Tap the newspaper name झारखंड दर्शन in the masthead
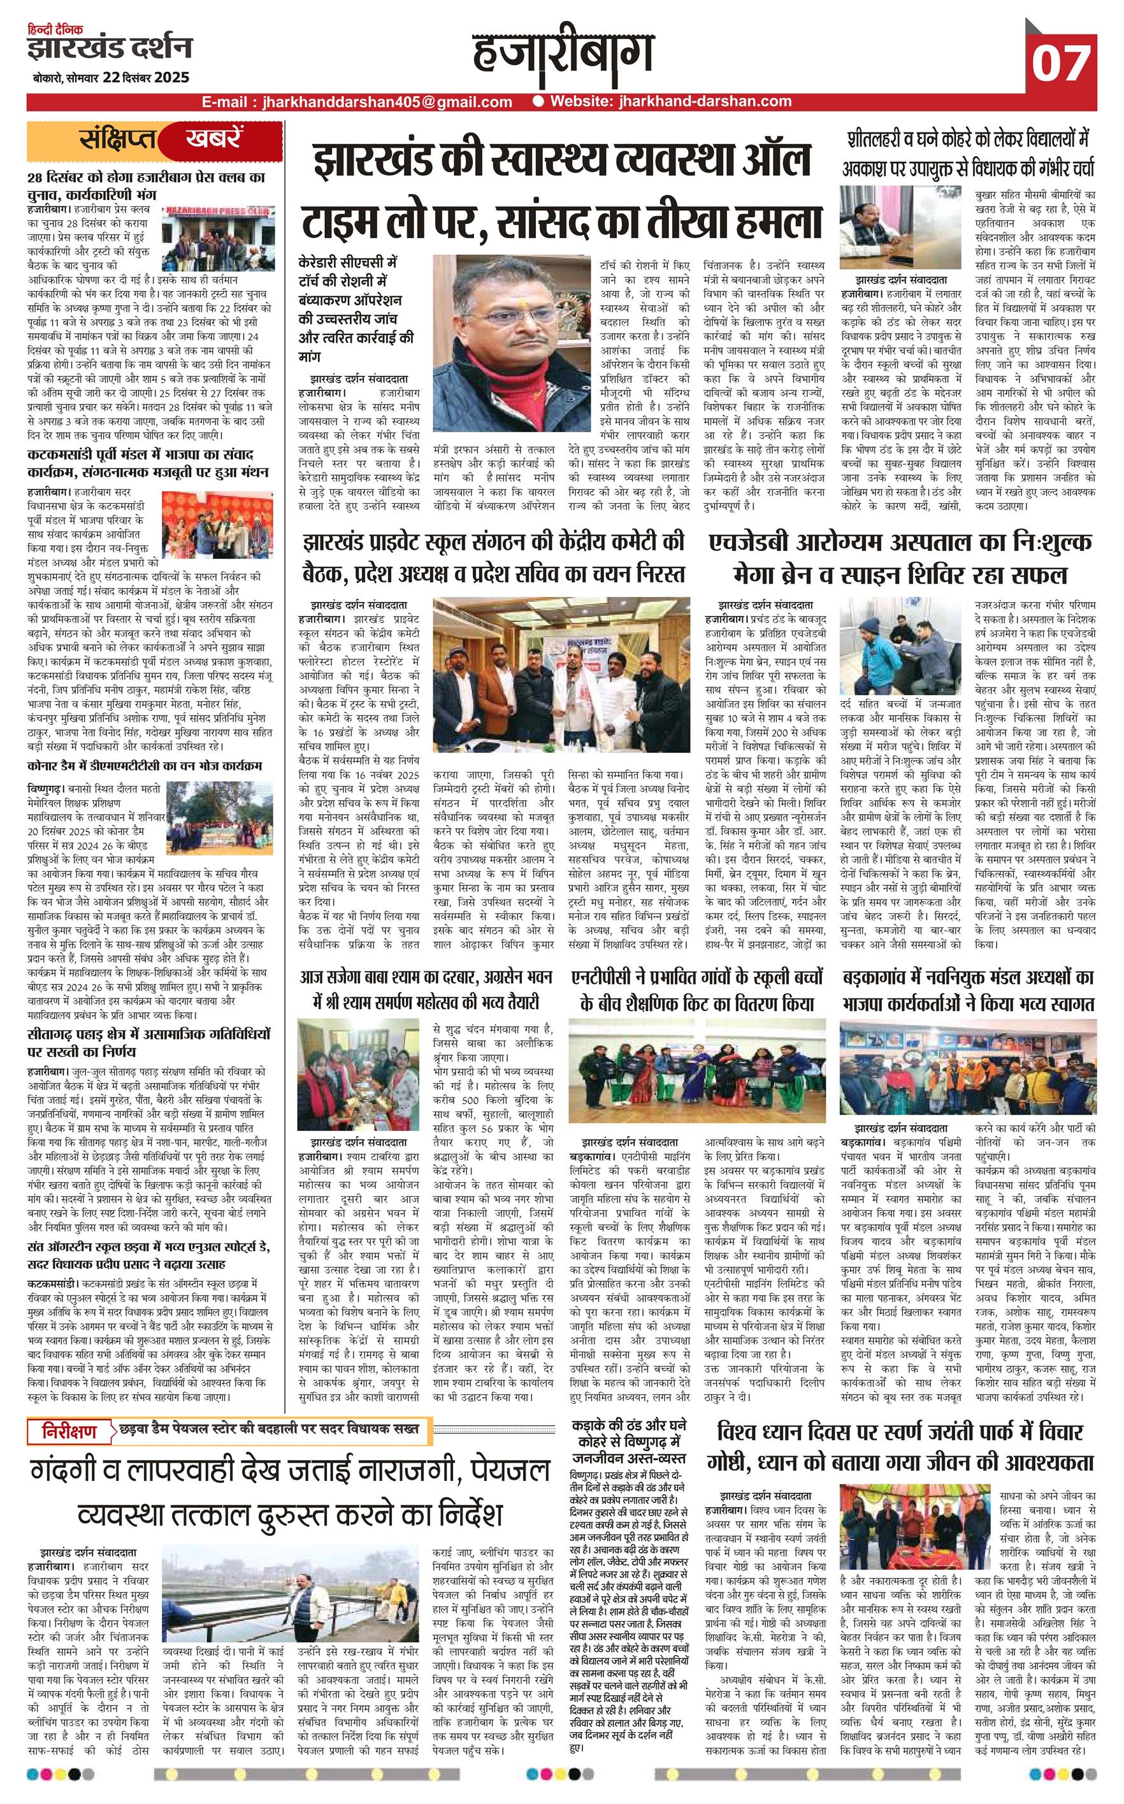tap(110, 48)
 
